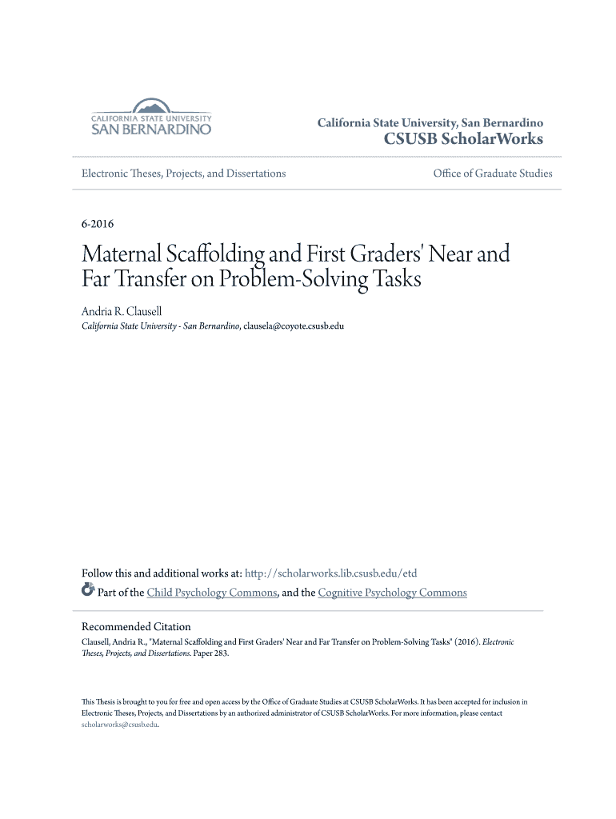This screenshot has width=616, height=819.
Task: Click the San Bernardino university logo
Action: point(151,118)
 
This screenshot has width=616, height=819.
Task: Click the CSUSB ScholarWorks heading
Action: point(464,140)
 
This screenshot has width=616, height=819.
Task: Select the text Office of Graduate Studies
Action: point(492,174)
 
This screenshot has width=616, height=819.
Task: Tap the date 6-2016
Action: point(98,224)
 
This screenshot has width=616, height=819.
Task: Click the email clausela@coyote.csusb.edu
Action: point(294,326)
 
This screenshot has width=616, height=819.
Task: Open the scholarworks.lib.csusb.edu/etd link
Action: point(330,573)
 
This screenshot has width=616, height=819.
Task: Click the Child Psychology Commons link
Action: point(212,593)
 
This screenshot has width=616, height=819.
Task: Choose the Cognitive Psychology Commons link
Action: point(392,593)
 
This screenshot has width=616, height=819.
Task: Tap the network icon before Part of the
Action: point(88,592)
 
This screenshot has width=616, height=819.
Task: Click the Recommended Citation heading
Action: point(137,626)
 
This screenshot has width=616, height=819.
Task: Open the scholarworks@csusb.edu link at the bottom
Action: point(120,725)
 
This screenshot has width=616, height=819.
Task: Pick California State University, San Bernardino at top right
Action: point(430,123)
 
